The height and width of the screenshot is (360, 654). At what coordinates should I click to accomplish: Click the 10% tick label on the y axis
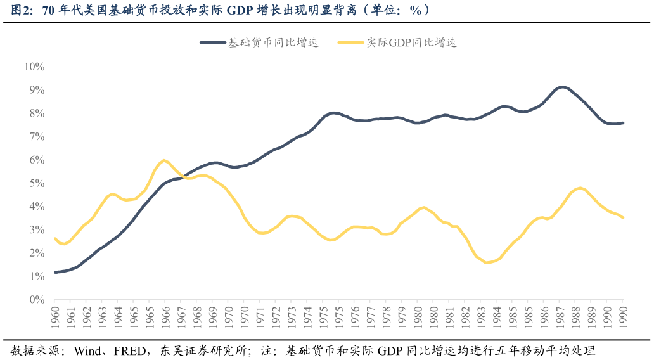click(34, 67)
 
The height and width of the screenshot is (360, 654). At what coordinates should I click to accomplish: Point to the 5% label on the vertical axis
click(37, 183)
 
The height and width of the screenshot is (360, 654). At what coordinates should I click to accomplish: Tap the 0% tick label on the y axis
click(37, 300)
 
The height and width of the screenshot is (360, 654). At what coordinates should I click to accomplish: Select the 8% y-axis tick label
click(37, 113)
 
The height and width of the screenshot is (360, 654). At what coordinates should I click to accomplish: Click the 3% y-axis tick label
click(37, 230)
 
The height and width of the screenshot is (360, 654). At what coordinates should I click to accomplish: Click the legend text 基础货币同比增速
click(273, 42)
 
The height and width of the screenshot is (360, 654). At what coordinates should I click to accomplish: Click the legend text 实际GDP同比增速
click(412, 42)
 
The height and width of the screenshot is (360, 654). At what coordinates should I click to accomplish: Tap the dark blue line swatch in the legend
click(213, 42)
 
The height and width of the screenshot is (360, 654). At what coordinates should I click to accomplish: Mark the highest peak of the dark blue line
click(562, 87)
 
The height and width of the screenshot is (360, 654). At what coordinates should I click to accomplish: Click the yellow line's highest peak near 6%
click(164, 160)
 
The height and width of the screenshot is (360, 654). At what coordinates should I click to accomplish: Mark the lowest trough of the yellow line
click(487, 262)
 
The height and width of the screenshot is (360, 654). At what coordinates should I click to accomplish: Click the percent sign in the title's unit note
click(416, 10)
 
